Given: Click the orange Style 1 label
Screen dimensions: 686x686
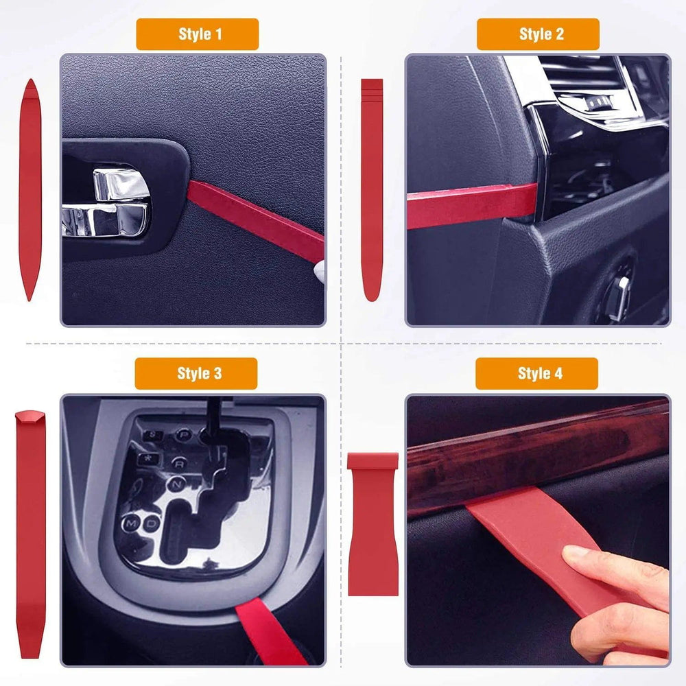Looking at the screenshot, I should [197, 34].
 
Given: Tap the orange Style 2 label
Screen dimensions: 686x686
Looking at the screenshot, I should [538, 34].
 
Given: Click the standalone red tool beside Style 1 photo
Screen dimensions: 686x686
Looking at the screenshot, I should [29, 190].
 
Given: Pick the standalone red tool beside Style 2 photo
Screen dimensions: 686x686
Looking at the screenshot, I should [372, 190].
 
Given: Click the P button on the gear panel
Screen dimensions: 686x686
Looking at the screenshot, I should [183, 435].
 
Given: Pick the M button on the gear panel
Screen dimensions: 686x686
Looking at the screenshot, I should [130, 524].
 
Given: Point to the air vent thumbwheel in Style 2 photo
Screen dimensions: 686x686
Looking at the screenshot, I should [594, 103].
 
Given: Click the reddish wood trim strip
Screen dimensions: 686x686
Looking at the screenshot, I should [535, 460].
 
